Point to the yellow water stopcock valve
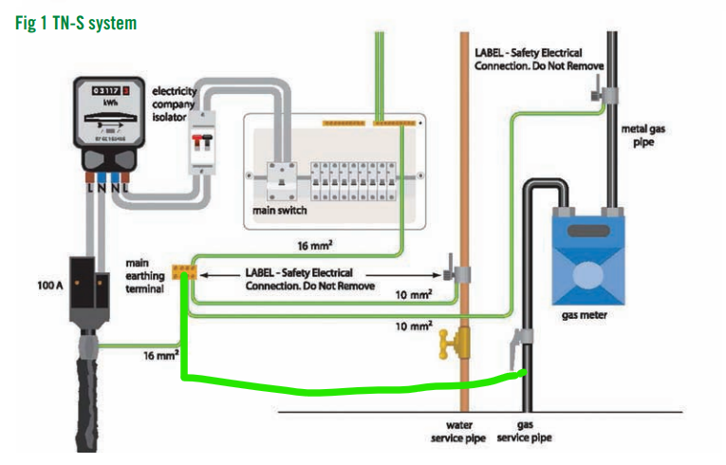click(x=453, y=341)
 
